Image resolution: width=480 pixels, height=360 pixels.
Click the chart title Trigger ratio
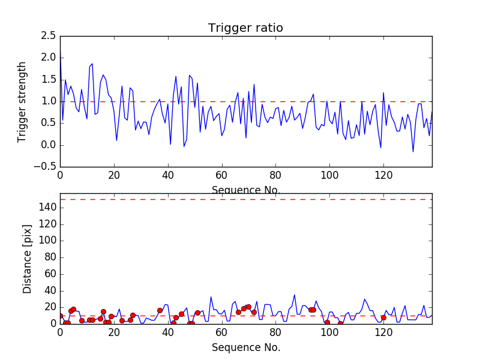pos(245,28)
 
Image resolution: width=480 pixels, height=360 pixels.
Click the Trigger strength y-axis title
pos(22,101)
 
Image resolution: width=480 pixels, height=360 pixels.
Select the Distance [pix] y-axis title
pos(27,259)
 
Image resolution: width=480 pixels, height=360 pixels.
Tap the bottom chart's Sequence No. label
pos(246,347)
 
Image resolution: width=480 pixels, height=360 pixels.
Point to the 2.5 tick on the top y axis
pos(49,36)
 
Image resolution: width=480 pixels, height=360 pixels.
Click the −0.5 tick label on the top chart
pos(46,167)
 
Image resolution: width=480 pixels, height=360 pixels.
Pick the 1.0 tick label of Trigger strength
pos(49,101)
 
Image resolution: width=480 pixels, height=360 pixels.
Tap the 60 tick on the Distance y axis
pos(50,274)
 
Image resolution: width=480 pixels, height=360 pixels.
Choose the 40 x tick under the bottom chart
pos(167,332)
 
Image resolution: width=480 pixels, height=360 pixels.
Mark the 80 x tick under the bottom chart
pos(275,332)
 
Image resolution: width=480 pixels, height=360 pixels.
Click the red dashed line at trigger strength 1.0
pos(240,101)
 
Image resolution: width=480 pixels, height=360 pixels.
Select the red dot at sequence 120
pos(383,317)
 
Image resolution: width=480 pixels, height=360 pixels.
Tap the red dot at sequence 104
pos(340,323)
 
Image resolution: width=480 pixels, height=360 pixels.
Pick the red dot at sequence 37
pos(160,310)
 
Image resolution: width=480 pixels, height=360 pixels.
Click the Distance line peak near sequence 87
pos(295,295)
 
